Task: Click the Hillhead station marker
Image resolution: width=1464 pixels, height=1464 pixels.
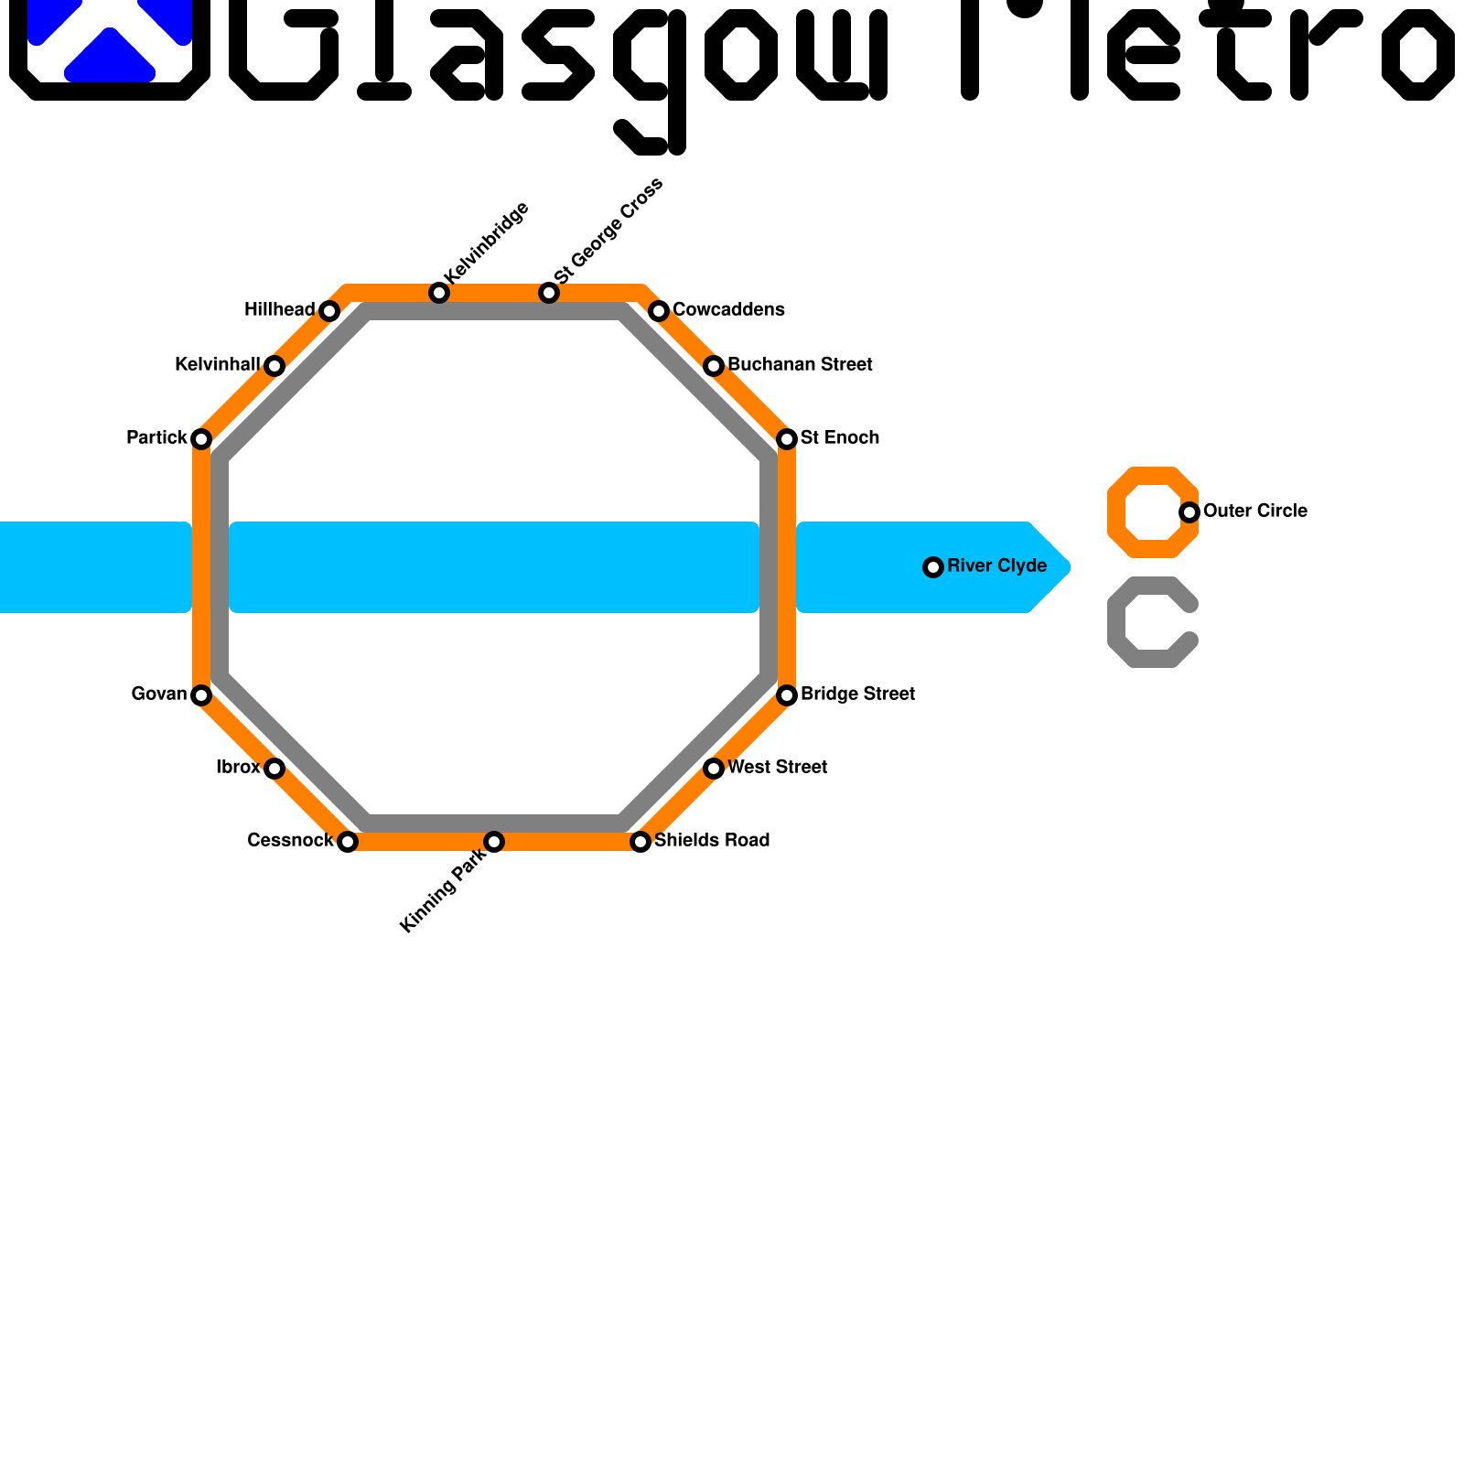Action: pos(329,311)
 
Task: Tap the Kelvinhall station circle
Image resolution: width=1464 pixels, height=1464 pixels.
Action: pos(274,366)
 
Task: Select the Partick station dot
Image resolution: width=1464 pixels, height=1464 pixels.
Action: pos(201,439)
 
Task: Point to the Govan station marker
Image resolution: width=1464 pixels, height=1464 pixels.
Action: pos(201,695)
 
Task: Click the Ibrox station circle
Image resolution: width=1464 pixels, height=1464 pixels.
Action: pos(274,769)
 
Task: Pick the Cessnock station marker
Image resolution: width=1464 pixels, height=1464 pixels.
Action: pos(348,842)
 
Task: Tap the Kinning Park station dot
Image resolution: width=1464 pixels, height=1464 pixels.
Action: pos(494,842)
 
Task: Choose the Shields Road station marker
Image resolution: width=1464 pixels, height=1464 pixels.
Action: pos(640,842)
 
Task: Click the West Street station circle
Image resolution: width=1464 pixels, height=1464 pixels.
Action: pos(714,769)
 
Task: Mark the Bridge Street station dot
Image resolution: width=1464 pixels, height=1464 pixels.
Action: pos(787,695)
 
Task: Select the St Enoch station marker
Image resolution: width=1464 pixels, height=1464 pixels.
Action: pos(787,439)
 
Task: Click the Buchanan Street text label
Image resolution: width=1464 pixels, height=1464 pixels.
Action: pos(800,365)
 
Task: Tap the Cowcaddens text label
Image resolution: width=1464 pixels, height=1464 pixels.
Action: pos(728,310)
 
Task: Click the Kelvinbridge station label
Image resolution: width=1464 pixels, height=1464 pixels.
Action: pos(486,242)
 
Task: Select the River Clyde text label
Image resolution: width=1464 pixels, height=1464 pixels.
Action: pos(996,566)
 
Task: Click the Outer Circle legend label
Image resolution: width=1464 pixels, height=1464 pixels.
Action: pos(1254,511)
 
